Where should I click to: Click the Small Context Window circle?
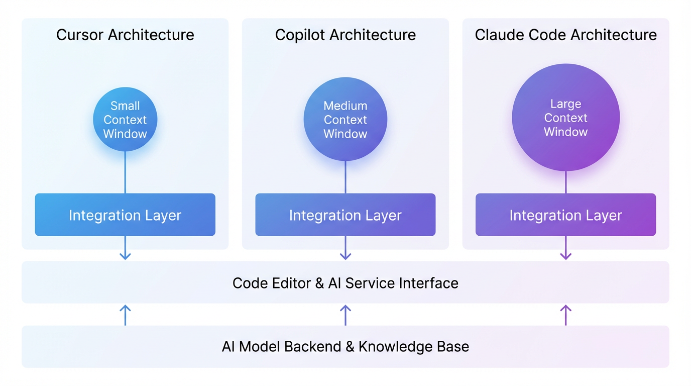125,120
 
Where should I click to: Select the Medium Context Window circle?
345,120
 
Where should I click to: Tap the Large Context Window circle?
565,118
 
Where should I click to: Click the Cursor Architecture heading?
125,35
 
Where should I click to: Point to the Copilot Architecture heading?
345,35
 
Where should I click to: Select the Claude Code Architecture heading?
565,35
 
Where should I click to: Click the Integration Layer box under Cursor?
125,215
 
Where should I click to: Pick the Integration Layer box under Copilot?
345,215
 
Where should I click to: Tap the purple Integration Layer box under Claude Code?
565,215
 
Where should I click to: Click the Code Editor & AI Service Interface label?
345,283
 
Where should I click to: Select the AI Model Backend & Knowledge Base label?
345,347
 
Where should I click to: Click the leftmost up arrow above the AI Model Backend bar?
125,315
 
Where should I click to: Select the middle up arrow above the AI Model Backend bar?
345,315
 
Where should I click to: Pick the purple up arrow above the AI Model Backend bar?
565,315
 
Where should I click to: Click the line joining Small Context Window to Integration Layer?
125,172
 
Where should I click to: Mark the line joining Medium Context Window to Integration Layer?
345,177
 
